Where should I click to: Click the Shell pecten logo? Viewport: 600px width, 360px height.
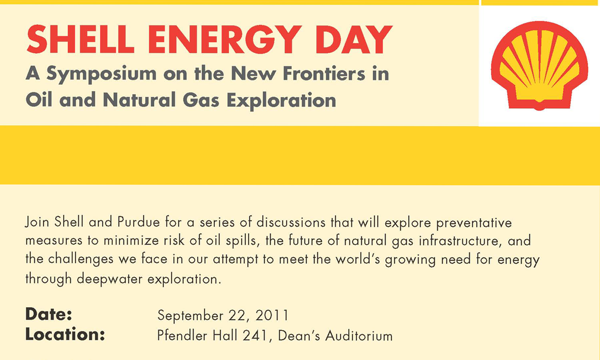click(x=539, y=65)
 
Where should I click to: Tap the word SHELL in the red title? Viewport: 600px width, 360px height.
click(x=80, y=40)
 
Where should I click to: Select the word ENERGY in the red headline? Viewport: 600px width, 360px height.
click(x=225, y=40)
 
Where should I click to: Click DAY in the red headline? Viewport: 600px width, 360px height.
click(x=354, y=40)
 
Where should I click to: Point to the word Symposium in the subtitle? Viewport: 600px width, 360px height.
click(x=102, y=74)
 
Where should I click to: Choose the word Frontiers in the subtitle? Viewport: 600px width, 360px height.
click(x=324, y=73)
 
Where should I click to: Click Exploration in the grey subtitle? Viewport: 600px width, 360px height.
click(x=281, y=101)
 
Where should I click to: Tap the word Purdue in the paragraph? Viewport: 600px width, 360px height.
click(x=138, y=222)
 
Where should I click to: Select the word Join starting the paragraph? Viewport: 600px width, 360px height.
click(x=37, y=222)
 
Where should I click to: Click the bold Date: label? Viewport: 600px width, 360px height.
click(x=49, y=314)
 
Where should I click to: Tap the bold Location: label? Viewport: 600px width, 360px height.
click(x=65, y=334)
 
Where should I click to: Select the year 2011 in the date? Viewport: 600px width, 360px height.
click(x=272, y=315)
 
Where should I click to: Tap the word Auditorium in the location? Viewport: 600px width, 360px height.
click(x=359, y=336)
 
